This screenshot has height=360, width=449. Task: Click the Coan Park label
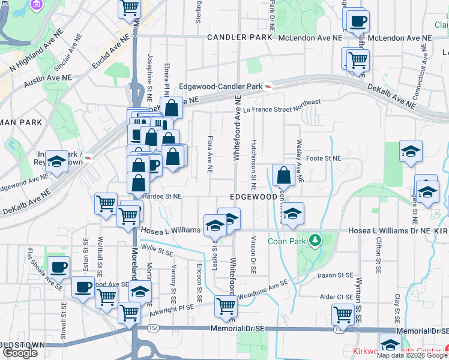point(287,242)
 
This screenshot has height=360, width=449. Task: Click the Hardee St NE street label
point(161,196)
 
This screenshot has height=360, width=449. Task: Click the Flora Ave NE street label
point(210,155)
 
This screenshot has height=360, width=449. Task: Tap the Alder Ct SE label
point(336,296)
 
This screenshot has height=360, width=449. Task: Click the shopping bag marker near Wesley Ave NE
point(283,176)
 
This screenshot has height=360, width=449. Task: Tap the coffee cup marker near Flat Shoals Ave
point(59,268)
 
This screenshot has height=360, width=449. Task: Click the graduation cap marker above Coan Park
point(292,214)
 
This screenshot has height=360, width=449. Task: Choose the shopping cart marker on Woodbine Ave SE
point(226,306)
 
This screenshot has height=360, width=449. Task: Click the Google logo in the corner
point(20,353)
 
